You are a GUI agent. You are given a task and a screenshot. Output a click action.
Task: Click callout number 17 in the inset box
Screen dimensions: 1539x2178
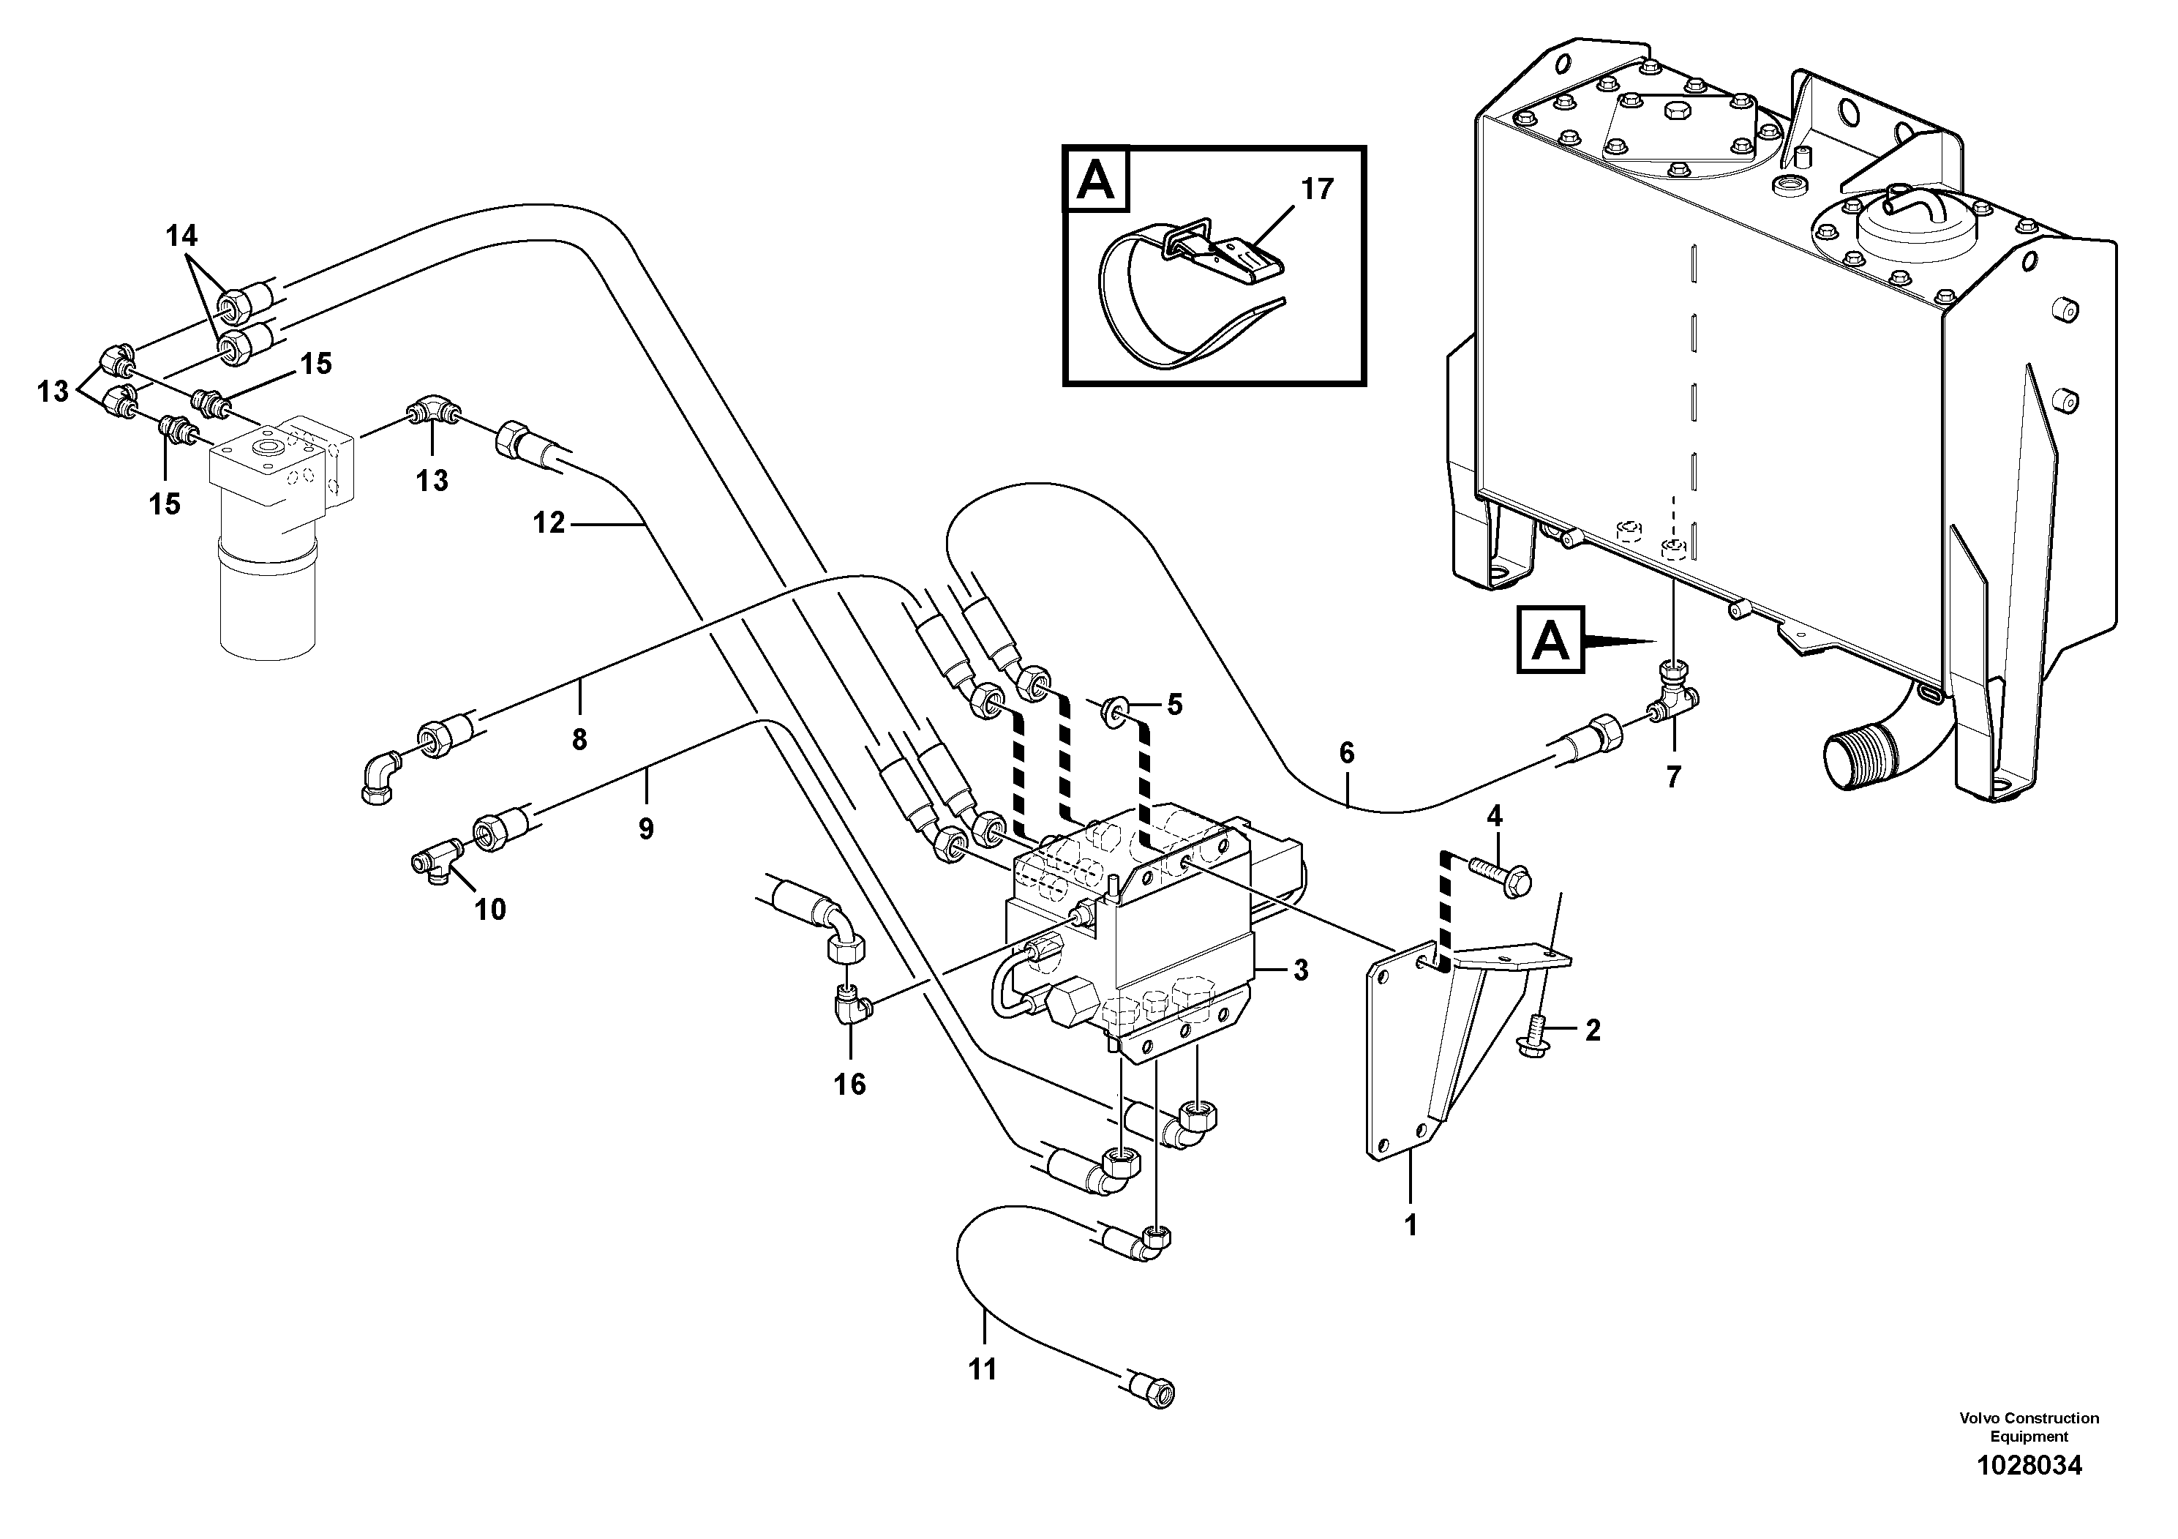[1317, 189]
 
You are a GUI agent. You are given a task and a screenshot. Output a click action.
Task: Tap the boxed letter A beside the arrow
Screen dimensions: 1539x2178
[1550, 640]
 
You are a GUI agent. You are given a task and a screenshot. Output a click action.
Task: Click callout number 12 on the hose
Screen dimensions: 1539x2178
[548, 522]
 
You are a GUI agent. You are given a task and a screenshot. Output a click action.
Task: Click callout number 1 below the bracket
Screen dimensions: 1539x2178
[1411, 1225]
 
